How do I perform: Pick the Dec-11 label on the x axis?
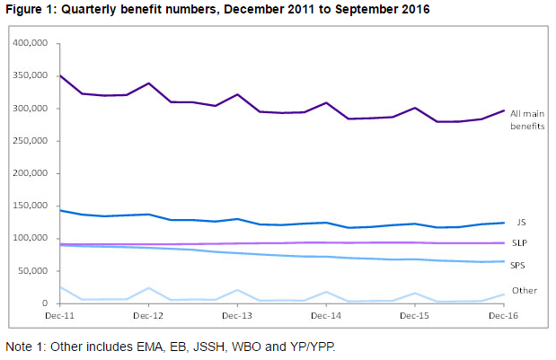pyautogui.click(x=59, y=316)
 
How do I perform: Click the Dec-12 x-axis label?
pyautogui.click(x=148, y=316)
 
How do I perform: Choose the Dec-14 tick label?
pyautogui.click(x=325, y=316)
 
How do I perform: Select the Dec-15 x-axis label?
pyautogui.click(x=414, y=316)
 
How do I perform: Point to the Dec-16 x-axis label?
pyautogui.click(x=503, y=316)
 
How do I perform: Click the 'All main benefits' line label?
pyautogui.click(x=527, y=119)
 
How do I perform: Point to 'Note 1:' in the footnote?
pyautogui.click(x=28, y=347)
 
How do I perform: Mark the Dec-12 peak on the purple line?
pyautogui.click(x=148, y=83)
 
